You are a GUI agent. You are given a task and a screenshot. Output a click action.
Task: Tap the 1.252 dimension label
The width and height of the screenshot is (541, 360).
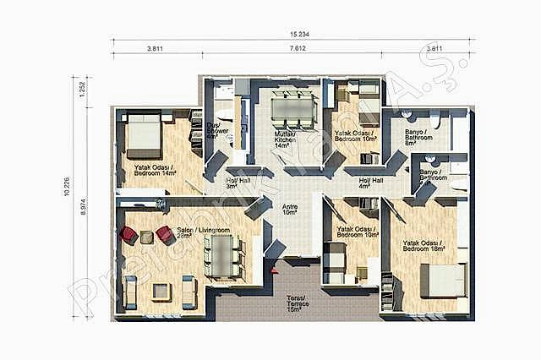point(82,90)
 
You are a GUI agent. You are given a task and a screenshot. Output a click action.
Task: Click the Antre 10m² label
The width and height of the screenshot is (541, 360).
point(290,209)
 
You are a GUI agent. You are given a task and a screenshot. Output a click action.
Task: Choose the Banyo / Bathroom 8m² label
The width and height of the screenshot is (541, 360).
point(418,137)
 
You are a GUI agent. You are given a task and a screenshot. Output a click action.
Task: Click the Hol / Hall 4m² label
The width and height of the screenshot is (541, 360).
point(371,183)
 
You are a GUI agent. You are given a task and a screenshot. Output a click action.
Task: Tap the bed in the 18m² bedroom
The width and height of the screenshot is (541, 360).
point(443,280)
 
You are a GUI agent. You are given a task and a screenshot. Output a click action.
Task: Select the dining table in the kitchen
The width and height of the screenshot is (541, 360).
point(292,109)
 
